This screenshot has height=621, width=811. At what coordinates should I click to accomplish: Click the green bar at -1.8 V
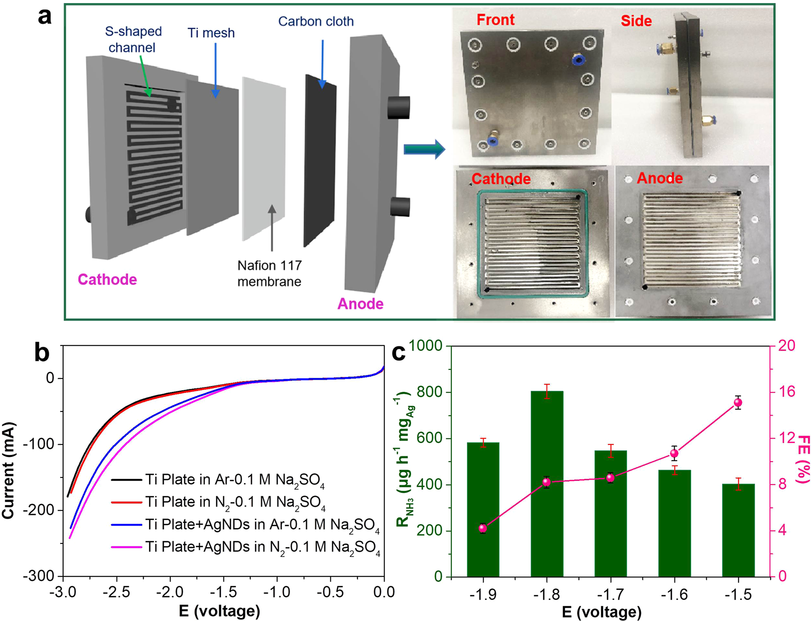547,484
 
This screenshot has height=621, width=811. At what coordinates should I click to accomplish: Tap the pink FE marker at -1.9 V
483,528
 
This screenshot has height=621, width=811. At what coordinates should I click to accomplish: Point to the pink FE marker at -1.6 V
674,453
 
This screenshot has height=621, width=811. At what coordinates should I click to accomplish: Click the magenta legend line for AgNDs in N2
126,547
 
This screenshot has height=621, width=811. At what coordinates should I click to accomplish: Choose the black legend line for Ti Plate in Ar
126,480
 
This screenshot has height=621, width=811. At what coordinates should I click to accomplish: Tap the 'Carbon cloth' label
316,21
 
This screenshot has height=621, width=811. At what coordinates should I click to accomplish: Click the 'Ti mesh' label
211,33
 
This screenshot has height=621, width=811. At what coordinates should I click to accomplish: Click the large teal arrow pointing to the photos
424,149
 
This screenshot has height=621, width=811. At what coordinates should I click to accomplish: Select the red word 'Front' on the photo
495,20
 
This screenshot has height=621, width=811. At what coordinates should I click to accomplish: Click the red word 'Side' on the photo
636,21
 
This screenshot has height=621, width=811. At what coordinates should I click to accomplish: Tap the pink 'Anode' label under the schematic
360,304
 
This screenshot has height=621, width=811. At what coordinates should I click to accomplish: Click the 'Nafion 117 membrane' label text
269,273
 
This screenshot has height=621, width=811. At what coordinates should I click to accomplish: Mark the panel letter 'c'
399,353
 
